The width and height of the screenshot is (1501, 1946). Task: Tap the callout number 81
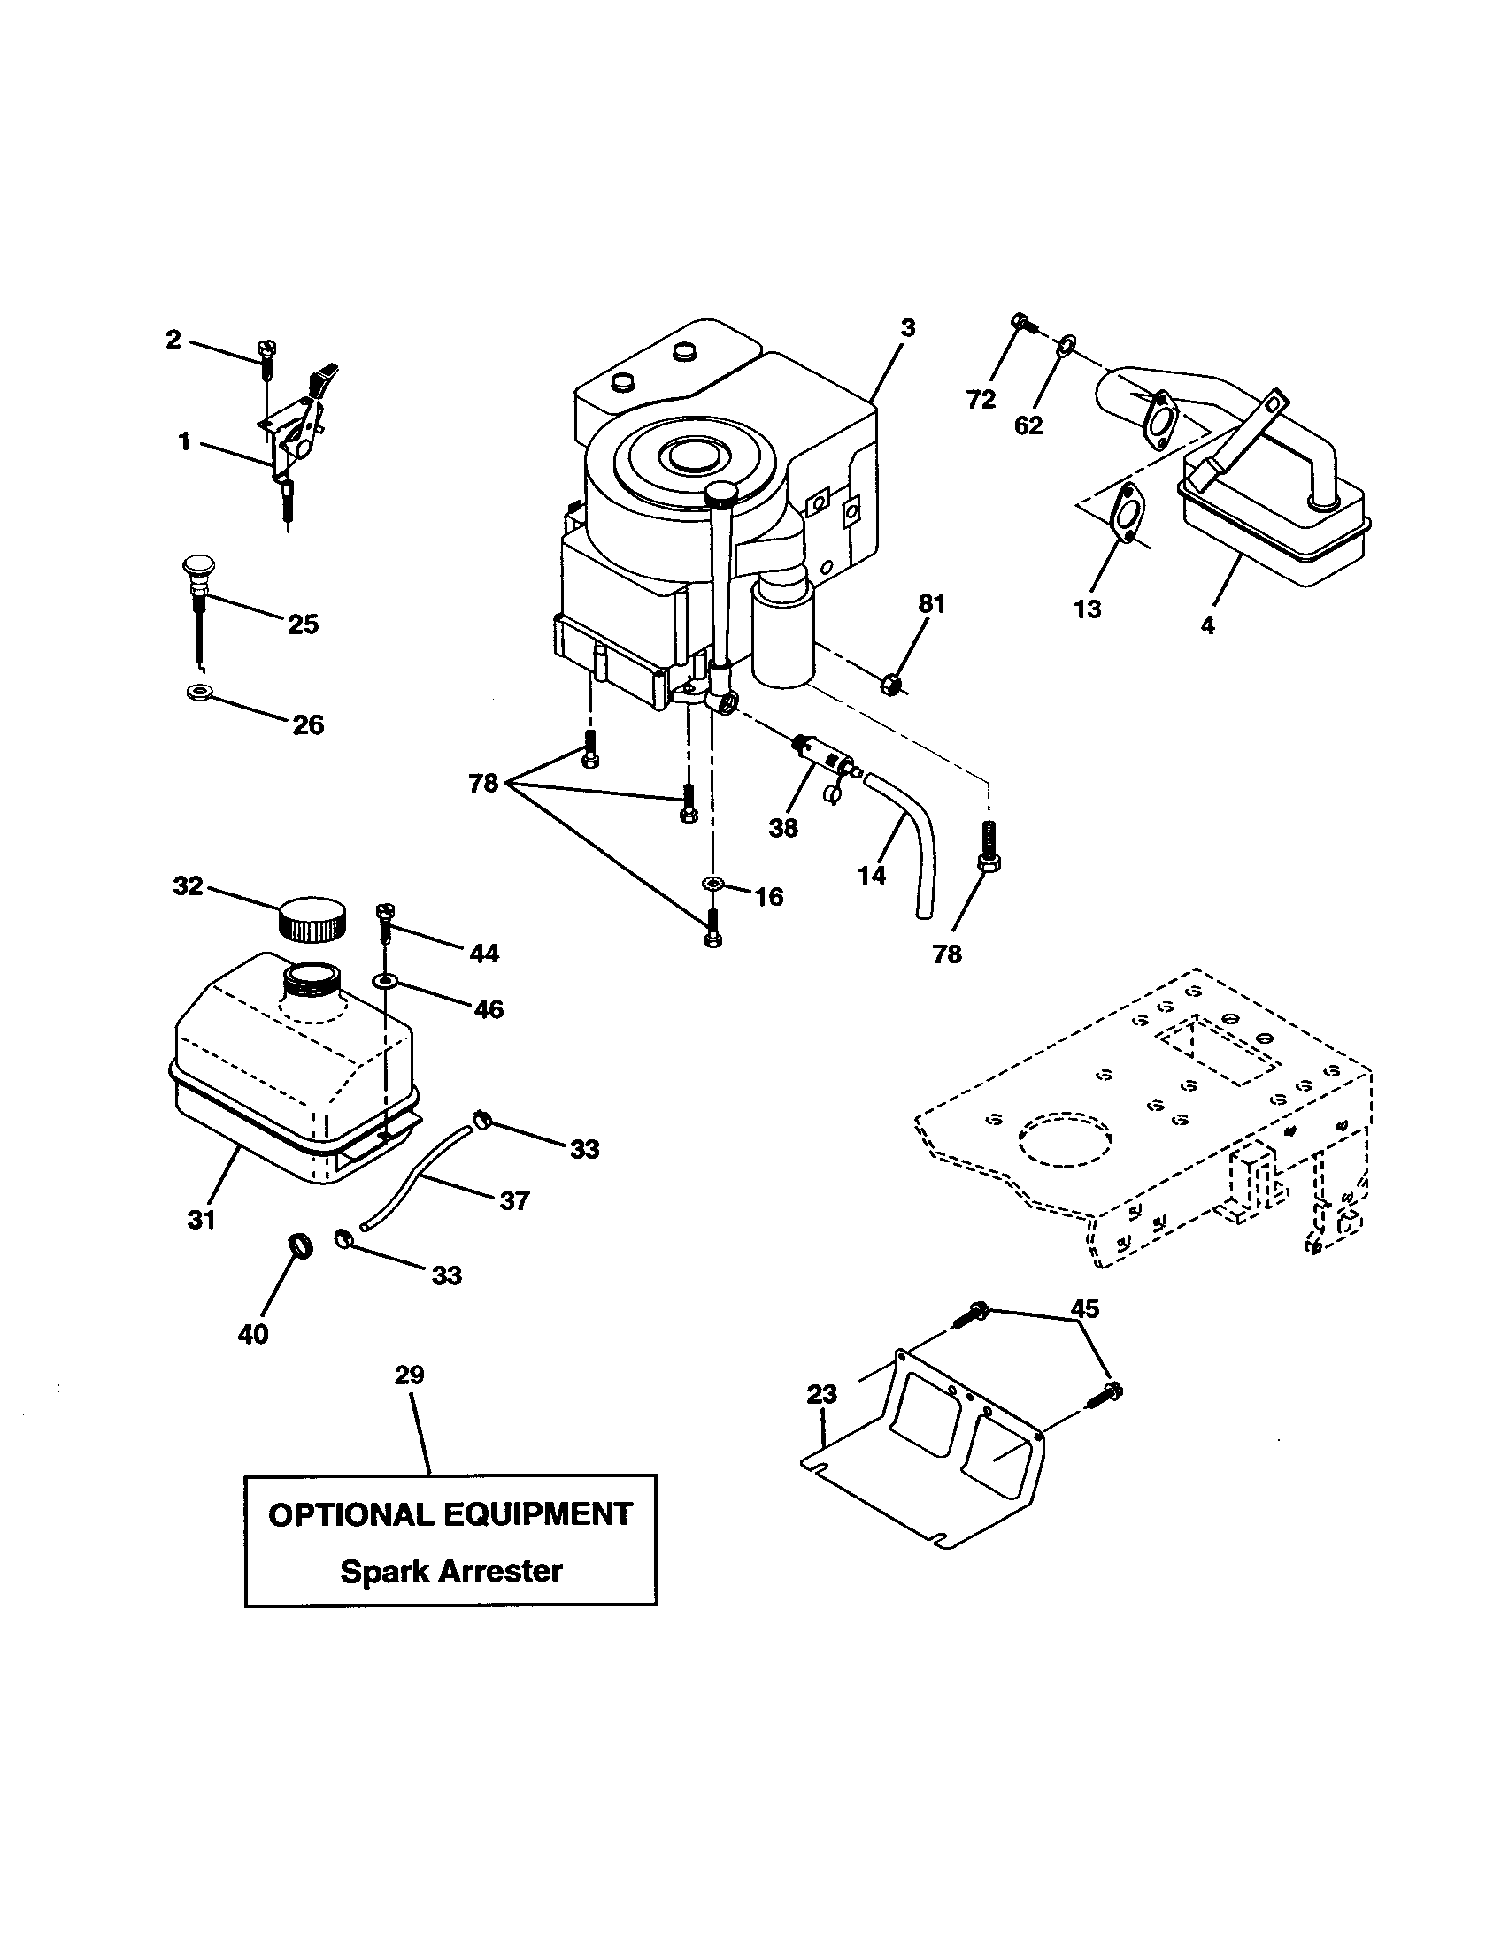tap(931, 603)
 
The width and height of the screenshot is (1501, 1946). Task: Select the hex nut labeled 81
tap(889, 685)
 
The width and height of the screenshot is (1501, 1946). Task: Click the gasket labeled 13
tap(1128, 514)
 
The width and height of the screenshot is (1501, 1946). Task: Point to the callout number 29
tap(409, 1375)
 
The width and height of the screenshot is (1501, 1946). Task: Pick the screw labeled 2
tap(267, 354)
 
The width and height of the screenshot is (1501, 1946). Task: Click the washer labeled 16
tap(712, 883)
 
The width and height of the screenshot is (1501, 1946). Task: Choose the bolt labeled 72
tap(1022, 323)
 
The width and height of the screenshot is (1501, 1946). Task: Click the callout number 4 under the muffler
tap(1207, 625)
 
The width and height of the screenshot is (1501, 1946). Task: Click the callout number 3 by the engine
tap(907, 328)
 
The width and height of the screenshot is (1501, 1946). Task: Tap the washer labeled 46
tap(385, 981)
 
